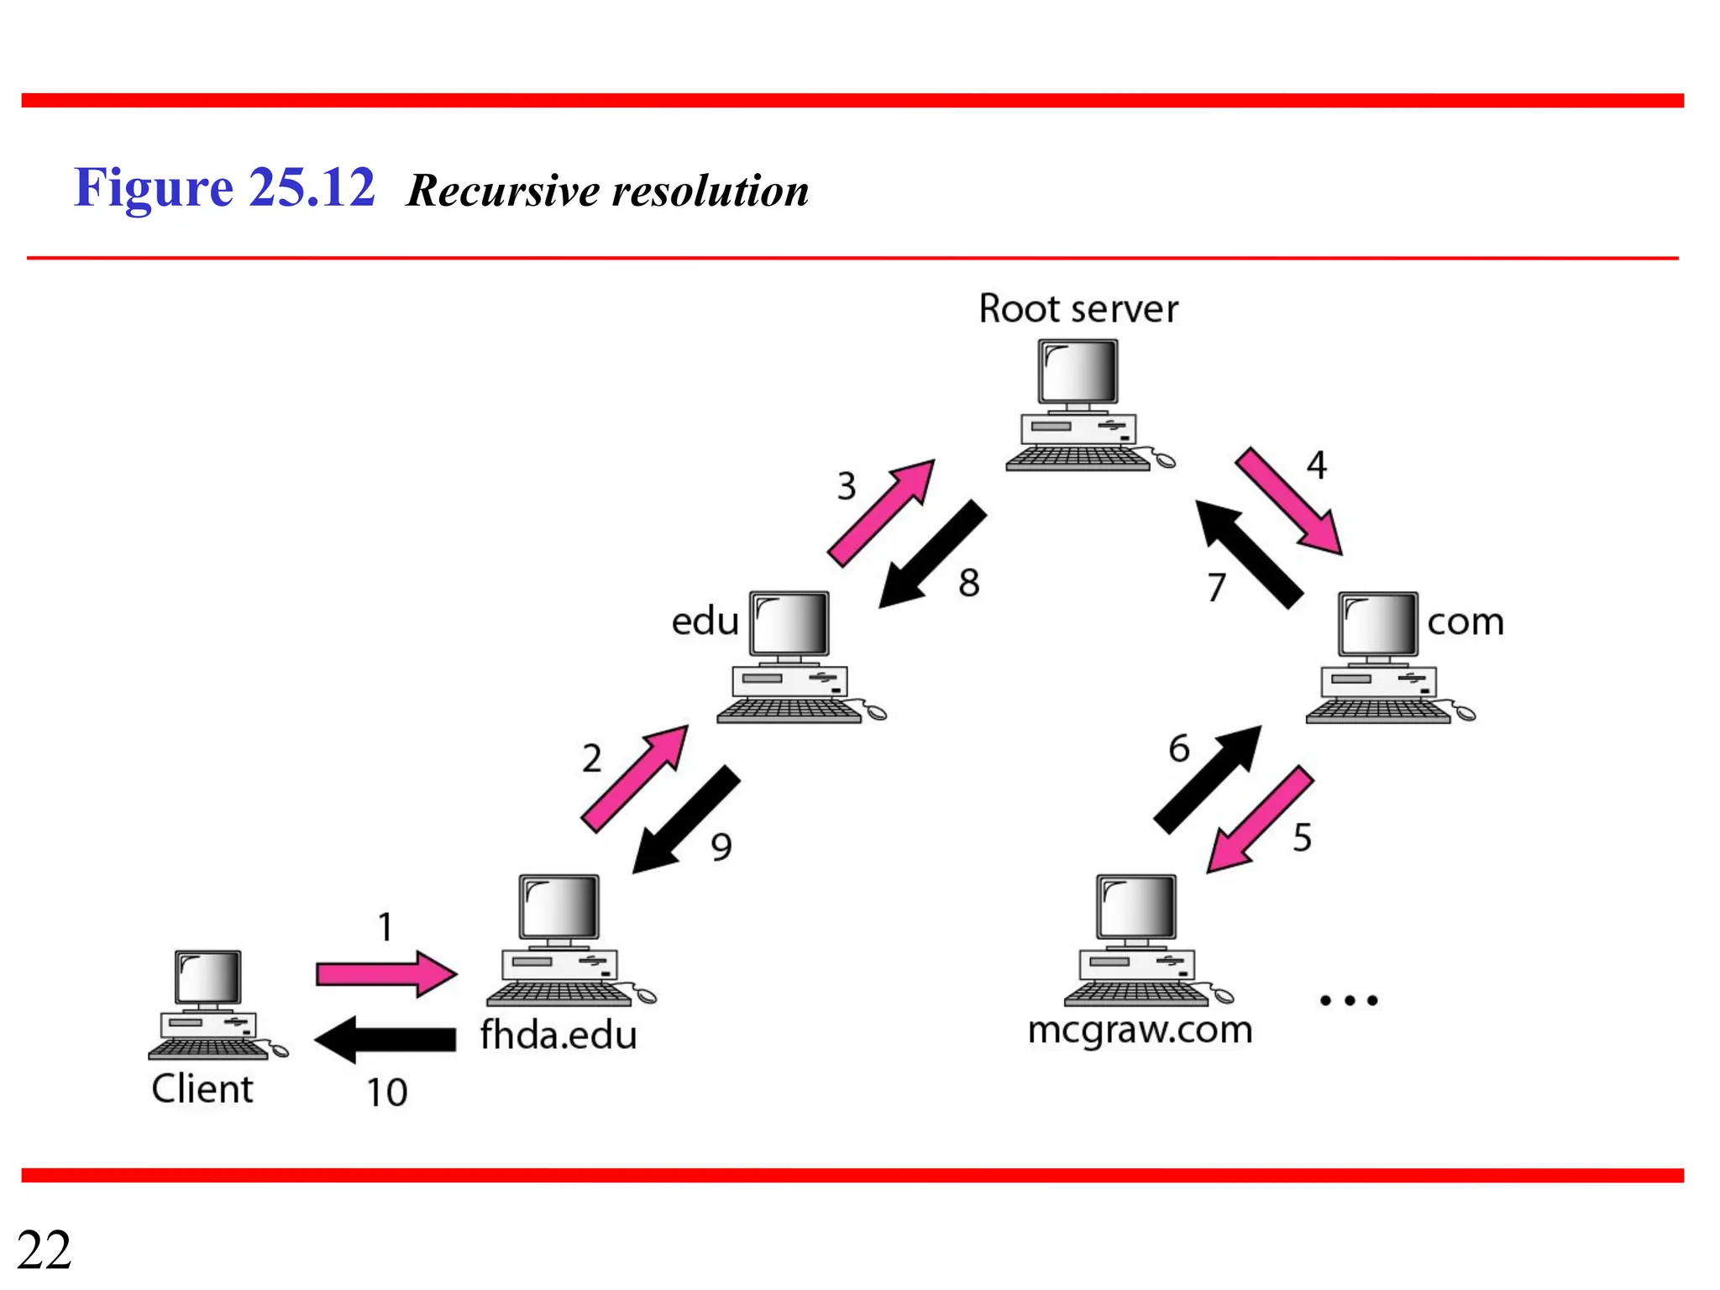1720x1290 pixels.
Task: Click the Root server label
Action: pos(1078,309)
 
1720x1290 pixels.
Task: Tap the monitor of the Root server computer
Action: pos(1078,372)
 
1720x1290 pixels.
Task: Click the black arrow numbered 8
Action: pos(932,554)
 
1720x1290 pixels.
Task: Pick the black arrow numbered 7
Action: pos(1249,553)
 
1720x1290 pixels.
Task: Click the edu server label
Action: pos(705,621)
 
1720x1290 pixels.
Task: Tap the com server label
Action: pos(1466,622)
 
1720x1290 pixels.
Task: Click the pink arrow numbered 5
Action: pos(1260,820)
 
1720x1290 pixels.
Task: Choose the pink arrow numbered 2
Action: pos(635,779)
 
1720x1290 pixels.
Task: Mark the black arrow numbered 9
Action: pos(686,820)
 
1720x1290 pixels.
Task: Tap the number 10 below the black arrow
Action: pos(387,1093)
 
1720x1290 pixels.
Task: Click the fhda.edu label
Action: pos(558,1035)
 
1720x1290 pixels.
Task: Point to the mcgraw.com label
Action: pos(1140,1030)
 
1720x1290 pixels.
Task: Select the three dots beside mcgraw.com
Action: pos(1349,1000)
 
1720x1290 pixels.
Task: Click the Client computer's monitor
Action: pos(207,978)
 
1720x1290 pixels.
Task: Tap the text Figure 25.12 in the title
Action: pos(224,187)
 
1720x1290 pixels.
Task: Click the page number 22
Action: pos(44,1251)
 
